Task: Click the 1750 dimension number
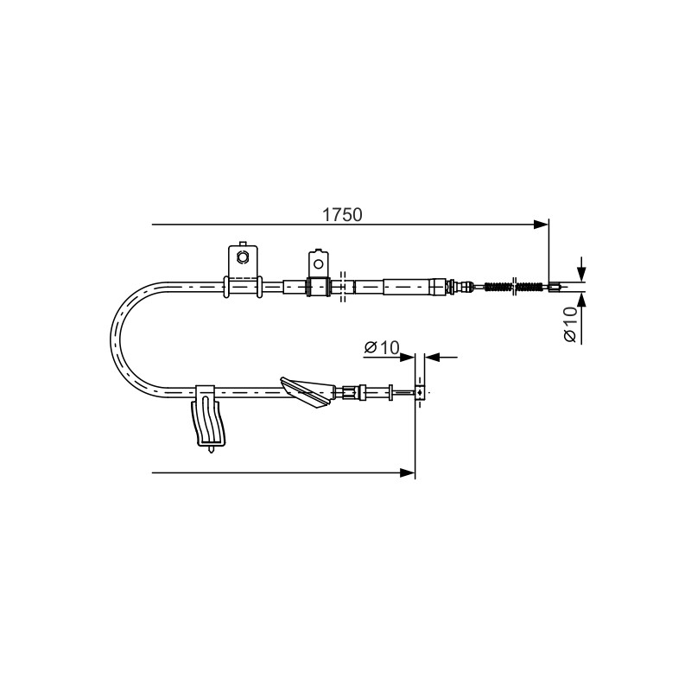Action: [342, 214]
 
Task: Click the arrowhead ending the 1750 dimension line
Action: [542, 225]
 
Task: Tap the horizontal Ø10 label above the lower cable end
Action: [382, 347]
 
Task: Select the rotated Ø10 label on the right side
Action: [570, 325]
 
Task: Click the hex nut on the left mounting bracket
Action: [242, 257]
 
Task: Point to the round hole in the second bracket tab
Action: [318, 263]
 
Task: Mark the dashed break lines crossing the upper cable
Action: [342, 287]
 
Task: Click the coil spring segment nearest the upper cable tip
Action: [529, 287]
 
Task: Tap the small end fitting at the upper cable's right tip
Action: [555, 288]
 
